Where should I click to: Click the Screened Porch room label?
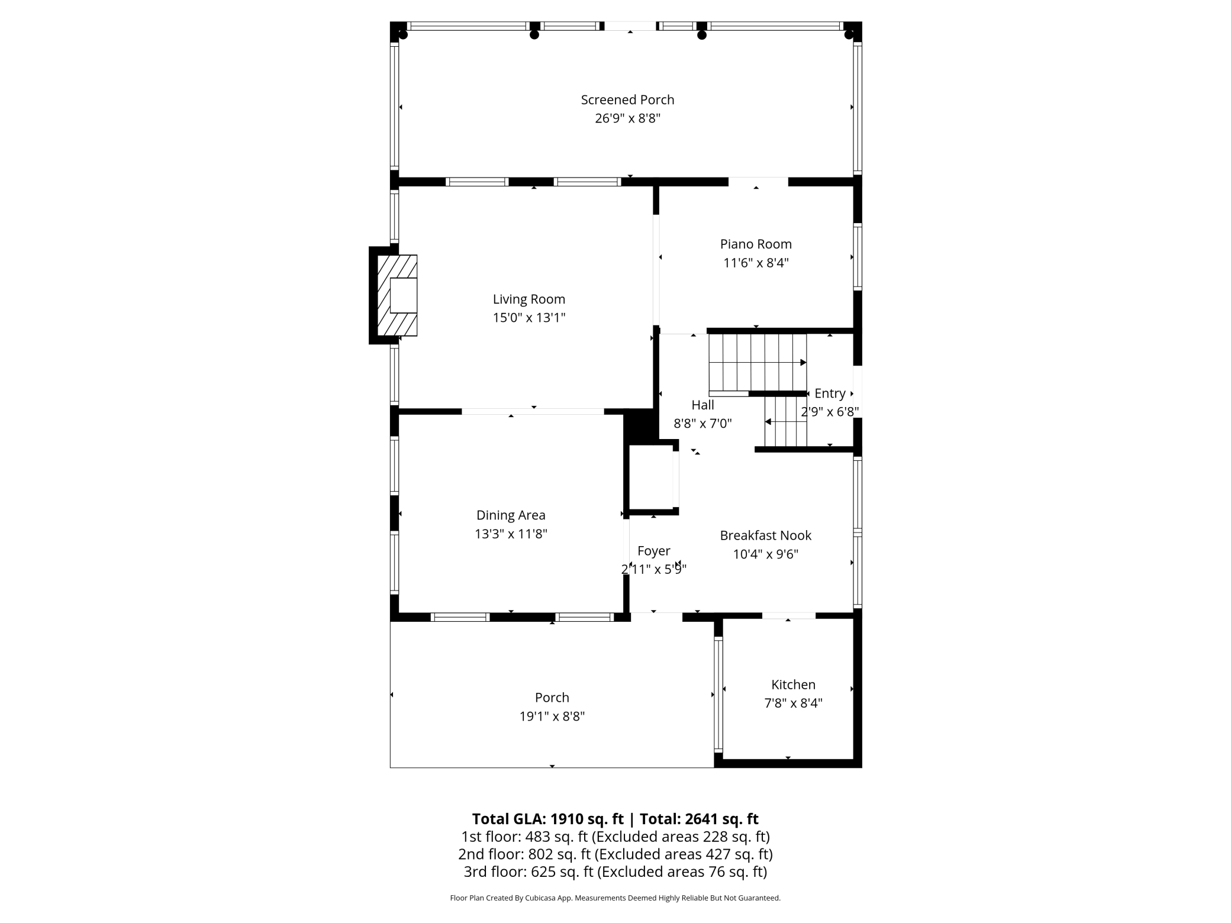[x=627, y=100]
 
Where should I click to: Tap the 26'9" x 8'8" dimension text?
[x=627, y=118]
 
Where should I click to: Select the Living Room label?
[x=529, y=299]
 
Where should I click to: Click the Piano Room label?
[x=756, y=244]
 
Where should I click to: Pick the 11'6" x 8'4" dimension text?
[x=756, y=263]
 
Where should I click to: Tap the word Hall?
[x=702, y=405]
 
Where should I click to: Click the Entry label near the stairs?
[x=830, y=393]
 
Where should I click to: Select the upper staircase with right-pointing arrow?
[x=758, y=362]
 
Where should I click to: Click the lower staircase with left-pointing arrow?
[x=785, y=422]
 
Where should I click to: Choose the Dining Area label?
[x=511, y=515]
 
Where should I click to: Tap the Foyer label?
[x=653, y=551]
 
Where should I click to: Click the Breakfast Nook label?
[x=765, y=535]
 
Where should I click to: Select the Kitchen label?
[x=793, y=685]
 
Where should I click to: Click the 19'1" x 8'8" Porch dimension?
[x=552, y=717]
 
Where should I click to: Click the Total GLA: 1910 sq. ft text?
[x=547, y=819]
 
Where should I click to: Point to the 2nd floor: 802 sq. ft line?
[x=615, y=854]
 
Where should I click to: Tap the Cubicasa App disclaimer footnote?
[x=615, y=898]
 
